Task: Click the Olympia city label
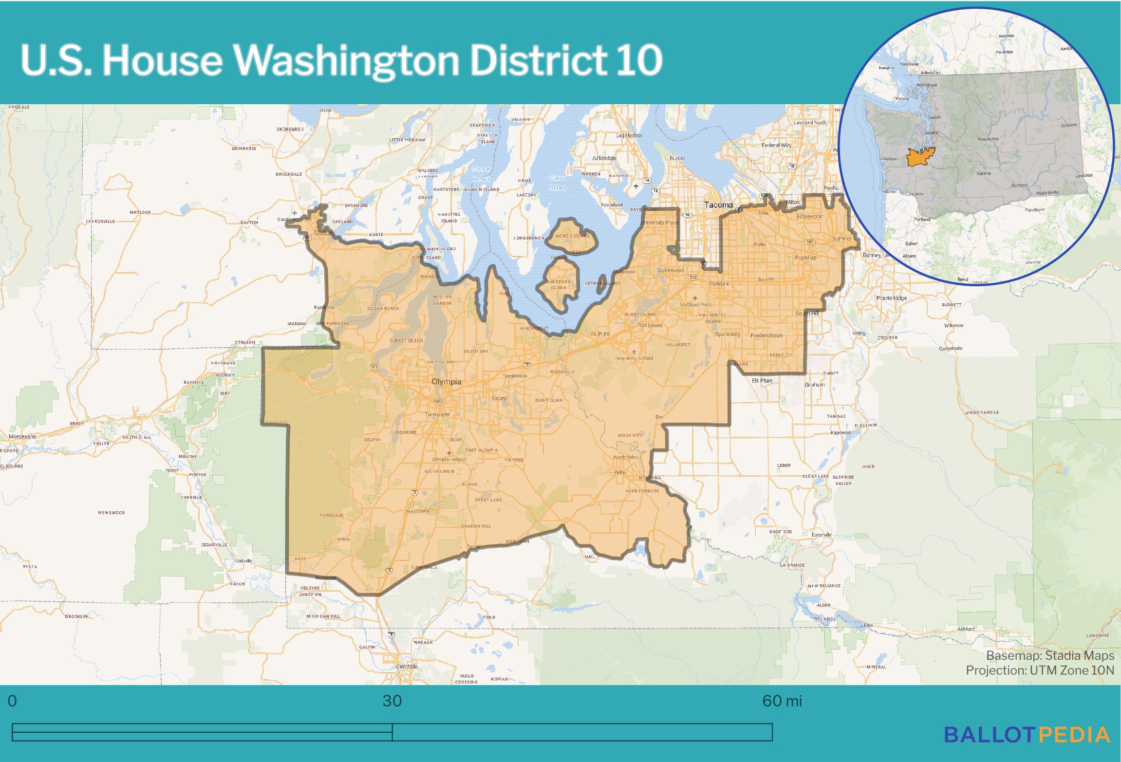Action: pyautogui.click(x=446, y=382)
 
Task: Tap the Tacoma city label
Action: pyautogui.click(x=718, y=205)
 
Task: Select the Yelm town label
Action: pyautogui.click(x=619, y=472)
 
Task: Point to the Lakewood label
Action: pyautogui.click(x=671, y=270)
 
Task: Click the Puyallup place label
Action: pyautogui.click(x=805, y=258)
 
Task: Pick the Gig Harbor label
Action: pyautogui.click(x=629, y=135)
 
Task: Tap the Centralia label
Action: pyautogui.click(x=407, y=667)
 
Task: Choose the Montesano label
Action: pyautogui.click(x=22, y=436)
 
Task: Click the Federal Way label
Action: pyautogui.click(x=776, y=145)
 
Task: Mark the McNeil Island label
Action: pyautogui.click(x=572, y=236)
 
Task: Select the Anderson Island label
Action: pyautogui.click(x=559, y=284)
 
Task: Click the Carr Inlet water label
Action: pyautogui.click(x=557, y=183)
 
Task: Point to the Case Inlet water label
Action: pyautogui.click(x=481, y=174)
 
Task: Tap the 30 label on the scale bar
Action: pyautogui.click(x=392, y=701)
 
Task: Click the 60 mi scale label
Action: pyautogui.click(x=782, y=701)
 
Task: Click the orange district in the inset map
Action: pyautogui.click(x=919, y=157)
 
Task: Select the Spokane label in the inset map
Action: pyautogui.click(x=1069, y=125)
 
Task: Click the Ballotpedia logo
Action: pyautogui.click(x=1027, y=735)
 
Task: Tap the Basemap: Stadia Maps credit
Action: pyautogui.click(x=1050, y=655)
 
